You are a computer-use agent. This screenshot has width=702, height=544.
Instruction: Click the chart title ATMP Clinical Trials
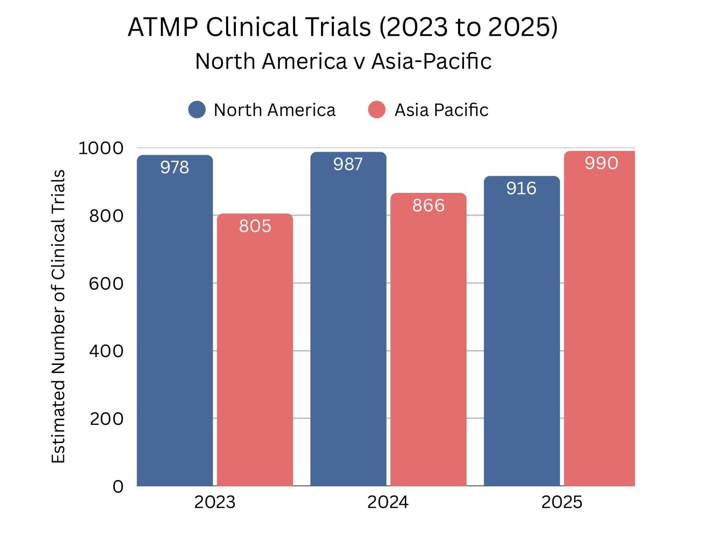[343, 27]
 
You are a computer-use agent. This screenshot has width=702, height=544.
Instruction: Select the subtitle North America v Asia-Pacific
[343, 61]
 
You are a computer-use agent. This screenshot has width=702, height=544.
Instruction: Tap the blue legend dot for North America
[197, 110]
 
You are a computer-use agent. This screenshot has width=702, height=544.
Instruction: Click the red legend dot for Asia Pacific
[377, 110]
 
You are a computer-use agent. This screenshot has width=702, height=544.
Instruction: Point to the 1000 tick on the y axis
[101, 148]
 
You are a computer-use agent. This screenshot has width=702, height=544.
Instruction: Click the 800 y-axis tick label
[106, 216]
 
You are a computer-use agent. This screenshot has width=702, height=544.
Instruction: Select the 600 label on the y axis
[106, 283]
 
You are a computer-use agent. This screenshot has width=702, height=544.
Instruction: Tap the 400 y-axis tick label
[106, 351]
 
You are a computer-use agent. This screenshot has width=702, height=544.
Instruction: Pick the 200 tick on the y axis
[106, 419]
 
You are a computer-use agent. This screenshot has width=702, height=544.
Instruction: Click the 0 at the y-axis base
[118, 487]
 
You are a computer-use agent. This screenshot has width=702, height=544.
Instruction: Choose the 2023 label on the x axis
[214, 502]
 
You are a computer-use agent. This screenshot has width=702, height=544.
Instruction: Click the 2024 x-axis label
[388, 502]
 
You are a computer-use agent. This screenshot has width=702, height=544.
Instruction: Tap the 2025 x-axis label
[562, 502]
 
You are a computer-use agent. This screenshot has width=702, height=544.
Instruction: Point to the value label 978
[174, 167]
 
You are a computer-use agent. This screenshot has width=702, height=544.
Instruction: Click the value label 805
[255, 226]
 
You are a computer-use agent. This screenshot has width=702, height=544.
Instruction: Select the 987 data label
[348, 164]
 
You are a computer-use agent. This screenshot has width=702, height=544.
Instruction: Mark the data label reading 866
[429, 205]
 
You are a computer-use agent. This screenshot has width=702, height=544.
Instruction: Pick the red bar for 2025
[600, 316]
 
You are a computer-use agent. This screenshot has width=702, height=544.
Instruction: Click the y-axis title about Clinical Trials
[58, 316]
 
